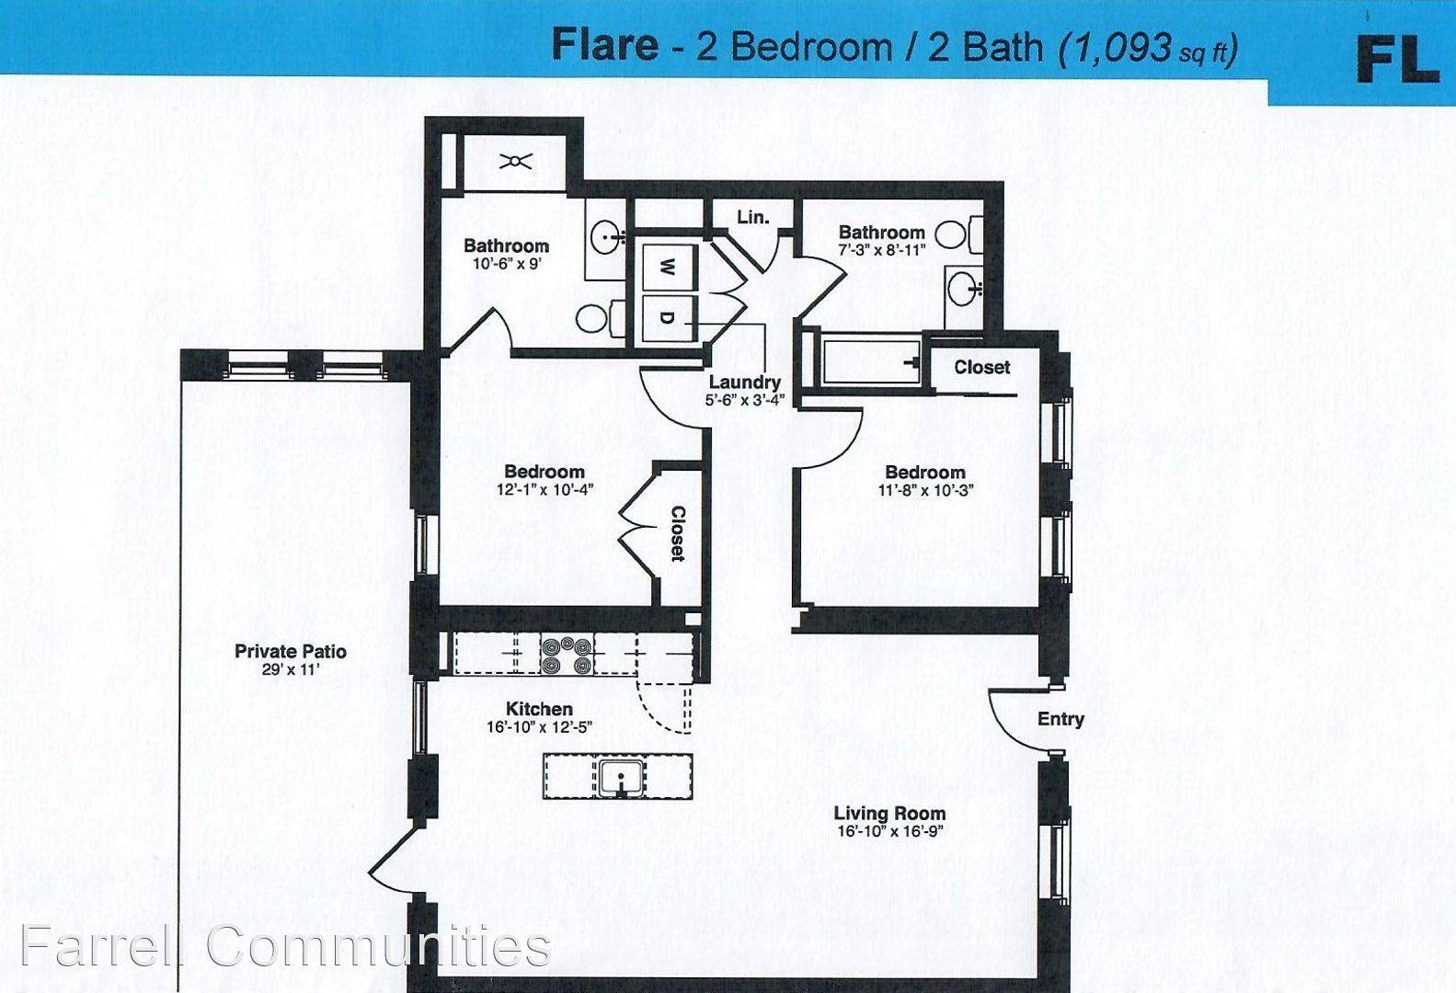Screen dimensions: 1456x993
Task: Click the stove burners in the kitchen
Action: [567, 655]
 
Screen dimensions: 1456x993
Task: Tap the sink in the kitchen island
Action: [622, 777]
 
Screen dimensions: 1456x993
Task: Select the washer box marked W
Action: [669, 267]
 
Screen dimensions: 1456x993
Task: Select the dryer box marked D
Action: [669, 318]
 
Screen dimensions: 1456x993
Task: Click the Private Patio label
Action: [290, 651]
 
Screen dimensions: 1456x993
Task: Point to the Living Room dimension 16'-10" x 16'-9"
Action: [889, 831]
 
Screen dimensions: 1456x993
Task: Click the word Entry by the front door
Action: [1060, 719]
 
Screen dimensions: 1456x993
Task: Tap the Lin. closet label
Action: [752, 217]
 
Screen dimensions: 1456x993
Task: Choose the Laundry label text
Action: [744, 382]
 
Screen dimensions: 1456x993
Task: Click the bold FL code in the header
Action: [1397, 59]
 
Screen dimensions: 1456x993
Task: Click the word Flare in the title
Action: [605, 45]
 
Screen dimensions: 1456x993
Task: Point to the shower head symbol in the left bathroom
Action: [515, 161]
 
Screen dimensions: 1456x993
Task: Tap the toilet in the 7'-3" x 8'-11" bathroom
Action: [959, 234]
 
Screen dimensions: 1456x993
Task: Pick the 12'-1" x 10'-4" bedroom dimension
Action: [545, 489]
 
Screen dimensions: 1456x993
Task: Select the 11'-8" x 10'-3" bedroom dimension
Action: [925, 490]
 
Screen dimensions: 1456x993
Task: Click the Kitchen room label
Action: [540, 708]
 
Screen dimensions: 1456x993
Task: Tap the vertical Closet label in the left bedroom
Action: [678, 533]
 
